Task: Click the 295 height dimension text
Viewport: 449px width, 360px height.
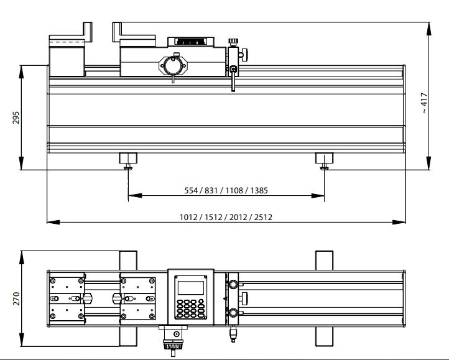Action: click(x=16, y=118)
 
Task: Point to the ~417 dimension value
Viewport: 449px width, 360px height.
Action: click(x=425, y=103)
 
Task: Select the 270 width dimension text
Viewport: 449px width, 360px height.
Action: click(x=16, y=298)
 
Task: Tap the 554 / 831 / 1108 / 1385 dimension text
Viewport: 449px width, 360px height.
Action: click(x=226, y=190)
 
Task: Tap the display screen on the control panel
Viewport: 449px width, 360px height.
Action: click(x=191, y=288)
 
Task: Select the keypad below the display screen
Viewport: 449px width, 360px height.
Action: click(x=191, y=308)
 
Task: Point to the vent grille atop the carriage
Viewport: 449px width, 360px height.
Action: click(x=190, y=42)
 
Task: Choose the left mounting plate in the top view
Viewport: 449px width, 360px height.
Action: click(x=68, y=298)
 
